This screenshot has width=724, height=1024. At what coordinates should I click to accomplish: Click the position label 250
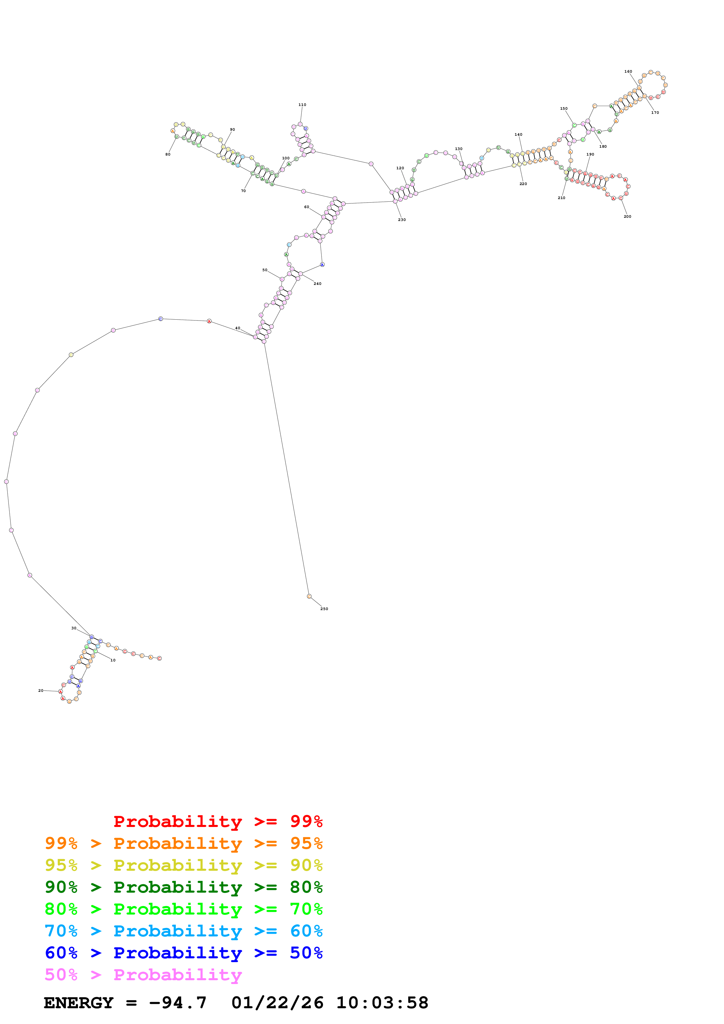(x=324, y=609)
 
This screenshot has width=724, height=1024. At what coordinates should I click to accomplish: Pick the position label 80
(x=168, y=154)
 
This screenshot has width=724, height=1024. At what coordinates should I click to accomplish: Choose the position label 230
(x=402, y=220)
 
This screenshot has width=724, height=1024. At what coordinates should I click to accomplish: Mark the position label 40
(x=238, y=328)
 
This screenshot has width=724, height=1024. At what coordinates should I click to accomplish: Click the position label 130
(x=459, y=149)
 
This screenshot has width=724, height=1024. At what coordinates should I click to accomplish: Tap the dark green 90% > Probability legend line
(x=183, y=887)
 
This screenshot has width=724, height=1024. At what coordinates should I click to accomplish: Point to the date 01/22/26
(x=277, y=1003)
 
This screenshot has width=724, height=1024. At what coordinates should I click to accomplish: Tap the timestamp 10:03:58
(x=382, y=1003)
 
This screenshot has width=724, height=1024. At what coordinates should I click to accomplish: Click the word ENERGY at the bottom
(x=79, y=1003)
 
